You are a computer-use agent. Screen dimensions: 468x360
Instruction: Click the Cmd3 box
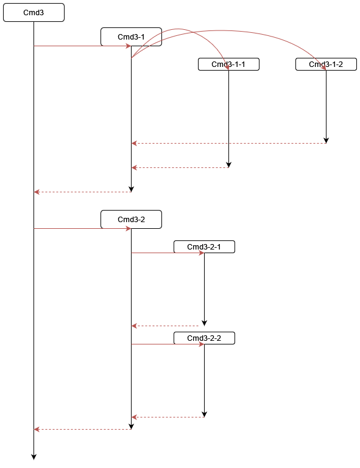(x=34, y=12)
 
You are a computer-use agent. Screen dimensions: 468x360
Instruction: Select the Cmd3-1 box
(x=131, y=37)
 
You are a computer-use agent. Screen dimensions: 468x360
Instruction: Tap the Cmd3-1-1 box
(x=228, y=64)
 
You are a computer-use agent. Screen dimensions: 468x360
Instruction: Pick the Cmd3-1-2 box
(x=326, y=64)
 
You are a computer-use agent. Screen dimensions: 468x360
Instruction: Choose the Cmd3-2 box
(x=131, y=219)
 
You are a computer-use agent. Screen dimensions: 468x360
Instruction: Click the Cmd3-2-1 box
(x=204, y=246)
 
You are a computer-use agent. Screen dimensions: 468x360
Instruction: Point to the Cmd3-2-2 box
(x=204, y=338)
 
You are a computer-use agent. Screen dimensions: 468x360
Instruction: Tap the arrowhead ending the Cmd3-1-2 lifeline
(x=326, y=140)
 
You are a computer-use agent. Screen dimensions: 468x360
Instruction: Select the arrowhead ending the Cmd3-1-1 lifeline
(x=228, y=164)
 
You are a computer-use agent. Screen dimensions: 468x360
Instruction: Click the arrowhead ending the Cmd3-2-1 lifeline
(x=204, y=323)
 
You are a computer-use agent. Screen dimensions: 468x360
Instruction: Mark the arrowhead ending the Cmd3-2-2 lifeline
(x=204, y=414)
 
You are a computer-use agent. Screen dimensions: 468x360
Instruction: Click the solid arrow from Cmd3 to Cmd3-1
(x=79, y=46)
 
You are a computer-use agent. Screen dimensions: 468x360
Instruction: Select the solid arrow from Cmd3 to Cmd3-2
(x=79, y=228)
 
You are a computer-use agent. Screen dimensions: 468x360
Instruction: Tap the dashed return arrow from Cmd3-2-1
(x=168, y=326)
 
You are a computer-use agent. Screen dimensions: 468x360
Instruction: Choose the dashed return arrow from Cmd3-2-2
(x=168, y=417)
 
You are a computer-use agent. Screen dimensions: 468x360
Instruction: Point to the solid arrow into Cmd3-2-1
(x=168, y=253)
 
